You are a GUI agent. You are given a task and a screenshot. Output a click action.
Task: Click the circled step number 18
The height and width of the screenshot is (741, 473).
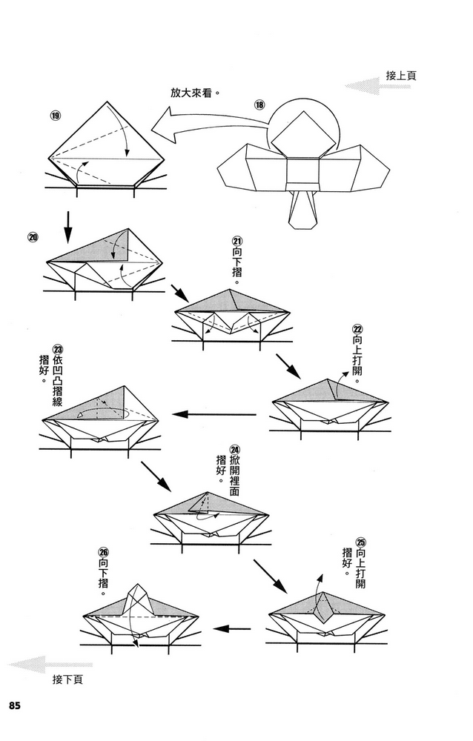(259, 104)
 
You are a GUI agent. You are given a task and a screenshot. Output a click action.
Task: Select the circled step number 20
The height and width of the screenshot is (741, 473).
(33, 238)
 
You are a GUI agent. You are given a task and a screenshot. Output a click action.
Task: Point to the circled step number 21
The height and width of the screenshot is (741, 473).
(237, 242)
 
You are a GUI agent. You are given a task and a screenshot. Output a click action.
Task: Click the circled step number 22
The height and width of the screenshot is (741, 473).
(357, 330)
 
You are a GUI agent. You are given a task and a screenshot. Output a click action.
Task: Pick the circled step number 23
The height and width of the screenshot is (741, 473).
(57, 350)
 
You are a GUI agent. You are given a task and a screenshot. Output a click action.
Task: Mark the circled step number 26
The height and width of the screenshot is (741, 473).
(103, 552)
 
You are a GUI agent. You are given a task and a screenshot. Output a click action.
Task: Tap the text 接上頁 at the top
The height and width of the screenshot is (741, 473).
(401, 75)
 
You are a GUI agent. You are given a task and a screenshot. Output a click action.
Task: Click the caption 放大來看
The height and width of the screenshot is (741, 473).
(196, 94)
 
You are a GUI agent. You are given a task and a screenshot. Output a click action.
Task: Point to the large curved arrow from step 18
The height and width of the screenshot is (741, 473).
(200, 127)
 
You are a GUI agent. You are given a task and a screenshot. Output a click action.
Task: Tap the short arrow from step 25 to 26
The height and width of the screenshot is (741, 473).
(231, 629)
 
